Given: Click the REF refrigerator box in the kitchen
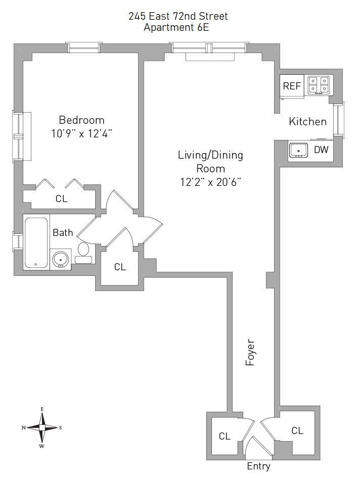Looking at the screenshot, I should pyautogui.click(x=292, y=86).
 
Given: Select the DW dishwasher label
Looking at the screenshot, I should pyautogui.click(x=321, y=150).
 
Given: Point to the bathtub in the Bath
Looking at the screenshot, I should pyautogui.click(x=36, y=243).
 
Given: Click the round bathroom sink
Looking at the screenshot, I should pyautogui.click(x=61, y=259).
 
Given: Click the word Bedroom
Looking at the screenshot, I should pyautogui.click(x=82, y=120).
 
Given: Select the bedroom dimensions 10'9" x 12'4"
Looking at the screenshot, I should pyautogui.click(x=82, y=133).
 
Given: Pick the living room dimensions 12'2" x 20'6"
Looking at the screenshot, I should pyautogui.click(x=210, y=182).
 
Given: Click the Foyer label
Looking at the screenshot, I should pyautogui.click(x=250, y=352).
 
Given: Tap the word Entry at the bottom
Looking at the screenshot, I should pyautogui.click(x=258, y=466).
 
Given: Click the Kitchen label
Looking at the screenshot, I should pyautogui.click(x=307, y=122).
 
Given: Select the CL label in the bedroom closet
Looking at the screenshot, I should pyautogui.click(x=61, y=199).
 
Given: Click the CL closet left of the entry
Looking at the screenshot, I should pyautogui.click(x=224, y=436).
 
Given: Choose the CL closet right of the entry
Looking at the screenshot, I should pyautogui.click(x=297, y=430).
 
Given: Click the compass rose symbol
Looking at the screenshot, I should pyautogui.click(x=42, y=427).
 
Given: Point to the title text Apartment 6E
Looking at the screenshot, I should pyautogui.click(x=176, y=28).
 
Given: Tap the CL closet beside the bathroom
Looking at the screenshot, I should pyautogui.click(x=120, y=267).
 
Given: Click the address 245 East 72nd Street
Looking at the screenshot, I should pyautogui.click(x=178, y=16).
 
